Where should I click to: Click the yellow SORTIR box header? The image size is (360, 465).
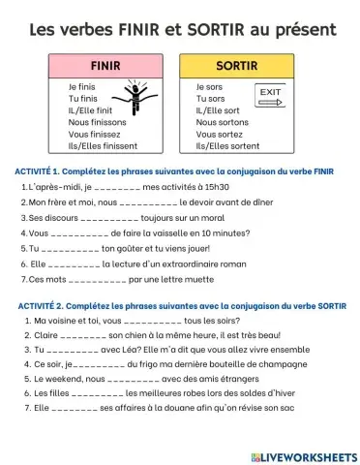(x=235, y=67)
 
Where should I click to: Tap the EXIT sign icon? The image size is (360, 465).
(x=270, y=96)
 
